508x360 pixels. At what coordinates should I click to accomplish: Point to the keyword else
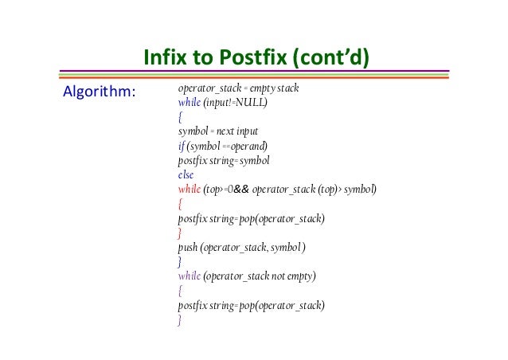tap(186, 174)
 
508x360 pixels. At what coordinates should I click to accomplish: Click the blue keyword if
tap(181, 146)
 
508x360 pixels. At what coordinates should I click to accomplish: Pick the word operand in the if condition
tap(248, 146)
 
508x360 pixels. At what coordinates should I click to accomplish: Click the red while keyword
tap(190, 189)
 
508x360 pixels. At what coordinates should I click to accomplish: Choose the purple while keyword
tap(190, 276)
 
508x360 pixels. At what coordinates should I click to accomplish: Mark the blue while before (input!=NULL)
tap(190, 103)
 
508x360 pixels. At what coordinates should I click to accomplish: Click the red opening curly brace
tap(181, 204)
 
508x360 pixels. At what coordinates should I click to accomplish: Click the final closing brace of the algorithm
tap(181, 320)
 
